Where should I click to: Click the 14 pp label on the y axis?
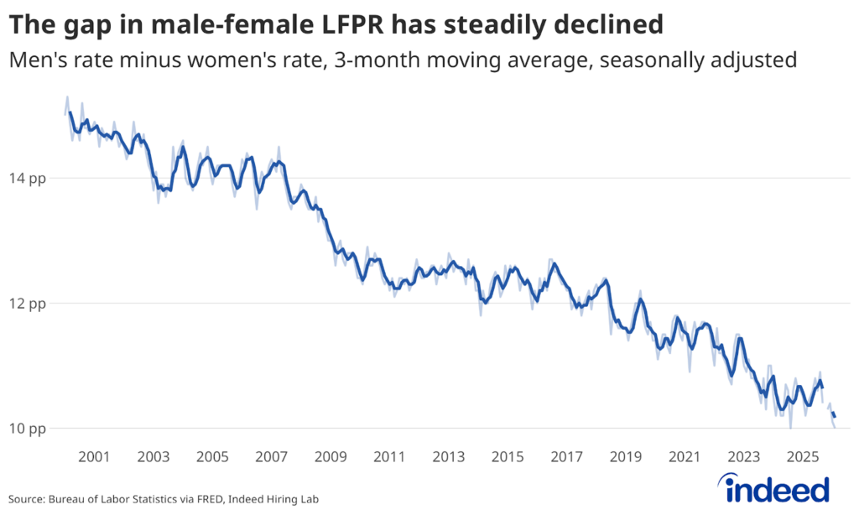click(28, 179)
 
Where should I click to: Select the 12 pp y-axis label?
click(28, 304)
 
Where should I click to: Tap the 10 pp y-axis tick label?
click(28, 429)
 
